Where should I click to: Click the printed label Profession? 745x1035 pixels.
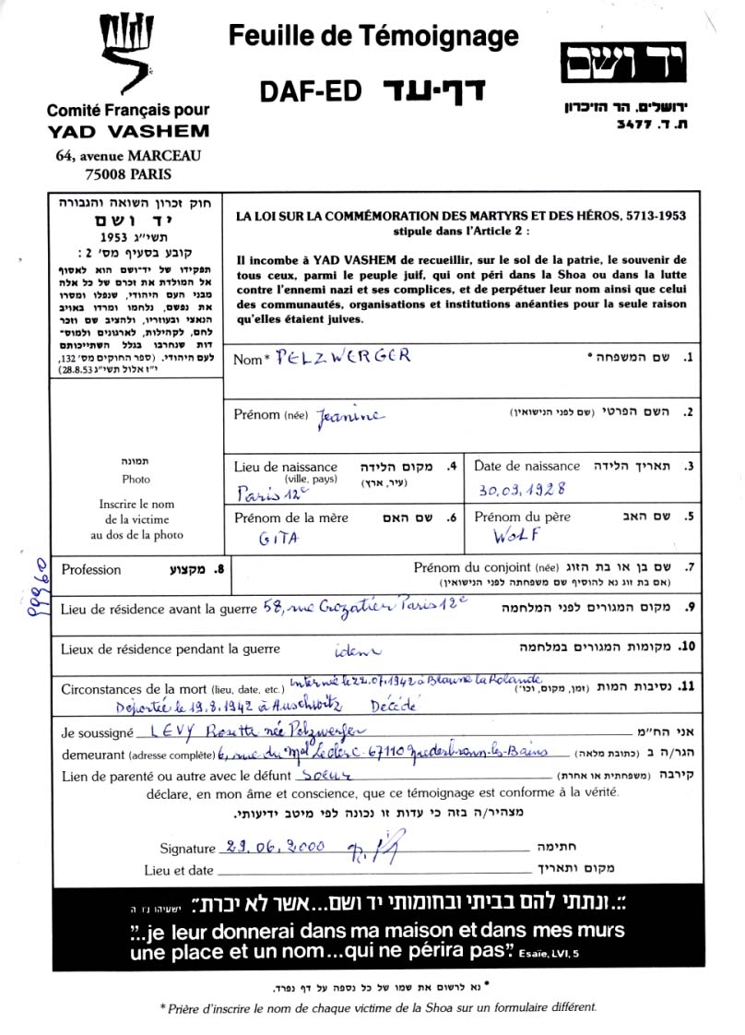(91, 570)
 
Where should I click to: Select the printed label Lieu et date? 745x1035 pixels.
(179, 870)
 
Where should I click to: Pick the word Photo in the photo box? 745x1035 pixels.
(136, 480)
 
